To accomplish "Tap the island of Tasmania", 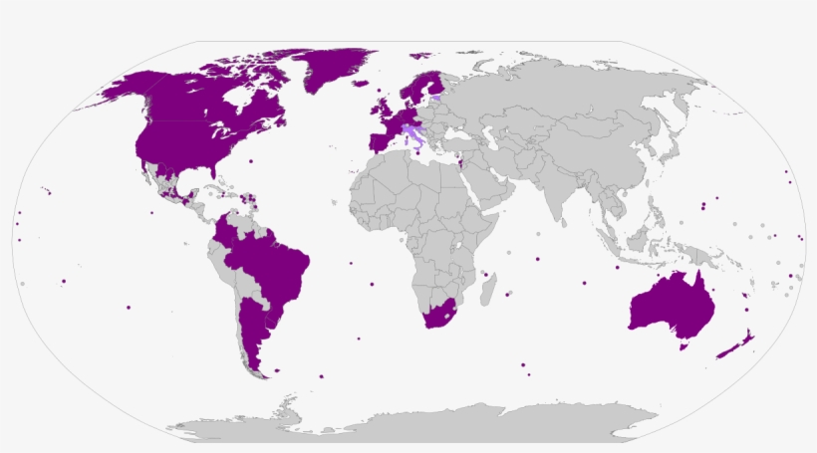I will (683, 346).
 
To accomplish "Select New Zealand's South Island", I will (728, 350).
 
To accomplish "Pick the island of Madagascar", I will (488, 291).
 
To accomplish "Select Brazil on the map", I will (274, 264).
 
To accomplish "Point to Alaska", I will (125, 87).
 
